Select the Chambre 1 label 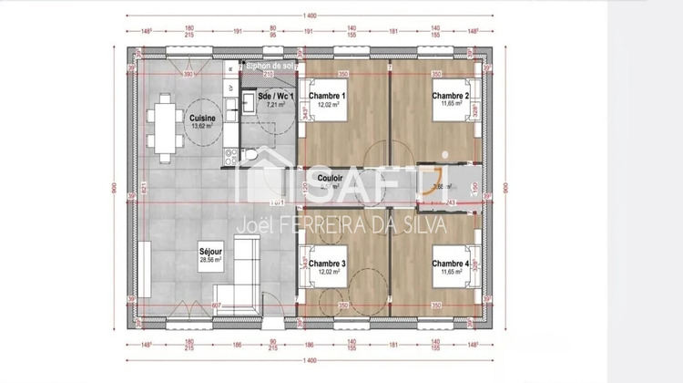pos(327,96)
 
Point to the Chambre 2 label pos(451,96)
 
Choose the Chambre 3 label pos(327,264)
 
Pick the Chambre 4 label pos(451,264)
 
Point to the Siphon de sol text pos(265,66)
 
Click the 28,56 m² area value pos(210,259)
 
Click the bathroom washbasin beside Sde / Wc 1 pos(247,101)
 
